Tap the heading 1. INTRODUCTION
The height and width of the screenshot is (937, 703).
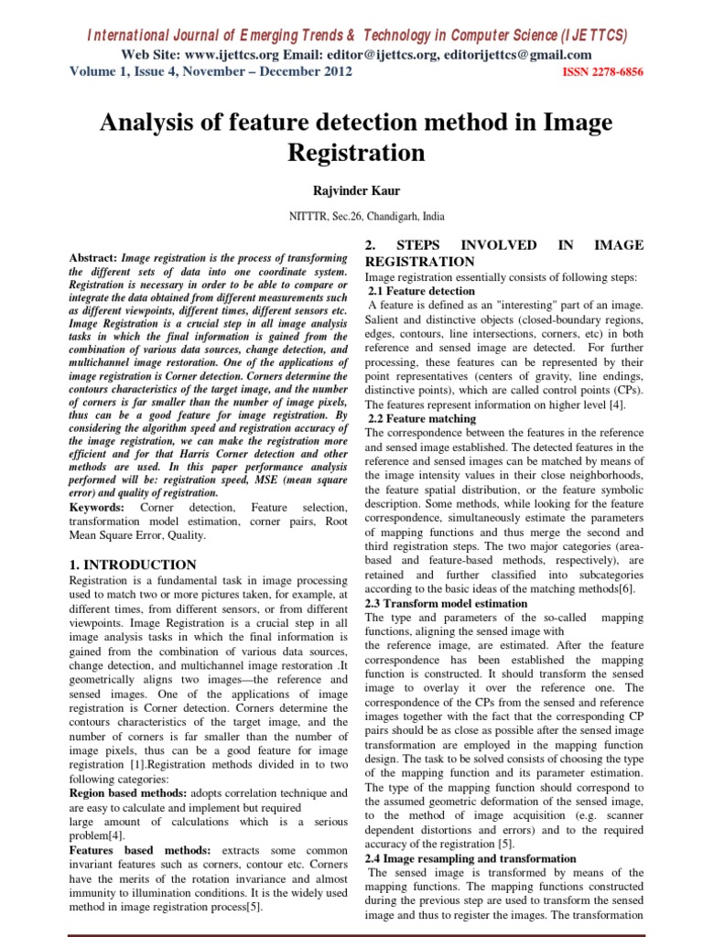pos(134,565)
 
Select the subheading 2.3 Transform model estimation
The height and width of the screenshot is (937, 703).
pos(446,604)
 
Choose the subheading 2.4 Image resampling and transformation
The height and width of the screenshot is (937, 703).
pos(470,859)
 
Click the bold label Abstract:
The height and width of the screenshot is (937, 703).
pos(94,259)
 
